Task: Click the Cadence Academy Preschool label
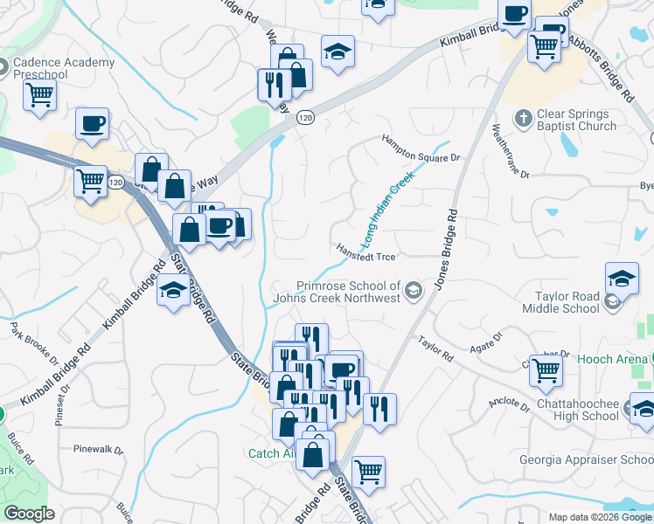(x=65, y=68)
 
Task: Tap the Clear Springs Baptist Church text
(x=578, y=120)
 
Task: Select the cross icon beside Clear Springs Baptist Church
(x=524, y=118)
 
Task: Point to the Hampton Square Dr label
(x=420, y=148)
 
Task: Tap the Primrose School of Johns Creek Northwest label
(x=348, y=292)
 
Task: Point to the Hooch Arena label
(x=611, y=358)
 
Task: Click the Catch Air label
(x=271, y=453)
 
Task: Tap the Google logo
(x=29, y=514)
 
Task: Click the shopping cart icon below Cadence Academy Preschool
(x=39, y=96)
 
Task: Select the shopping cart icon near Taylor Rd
(x=546, y=370)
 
